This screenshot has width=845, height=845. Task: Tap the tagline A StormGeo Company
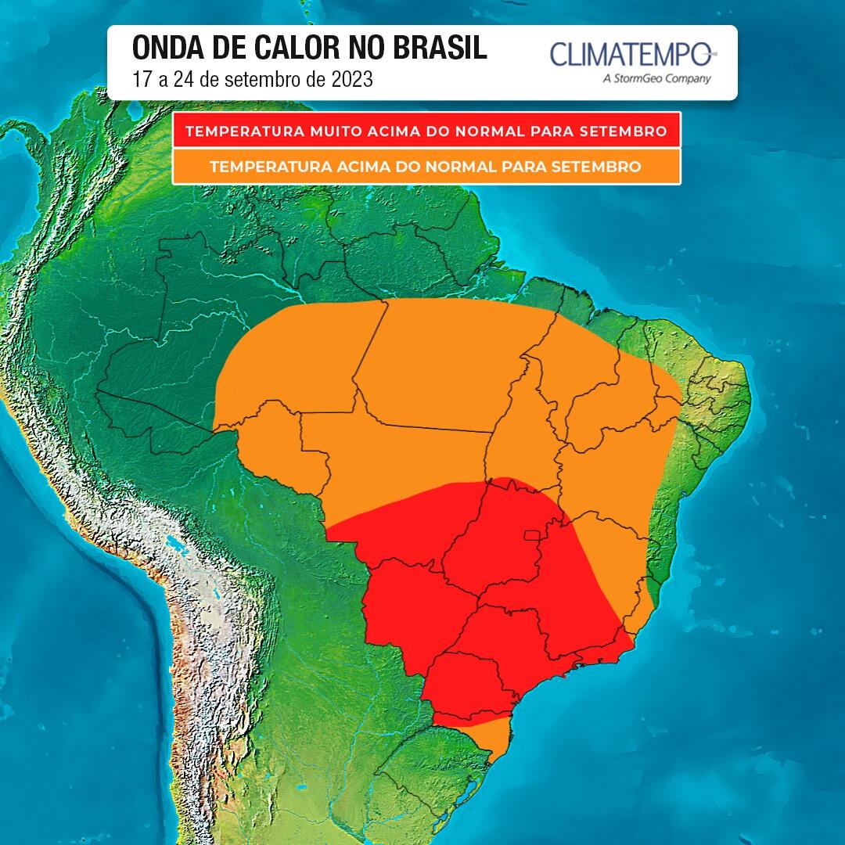coord(657,78)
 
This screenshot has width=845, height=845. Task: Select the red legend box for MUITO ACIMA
coord(426,130)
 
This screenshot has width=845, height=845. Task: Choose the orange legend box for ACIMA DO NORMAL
coord(426,167)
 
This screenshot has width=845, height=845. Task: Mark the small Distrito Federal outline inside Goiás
coord(533,535)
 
